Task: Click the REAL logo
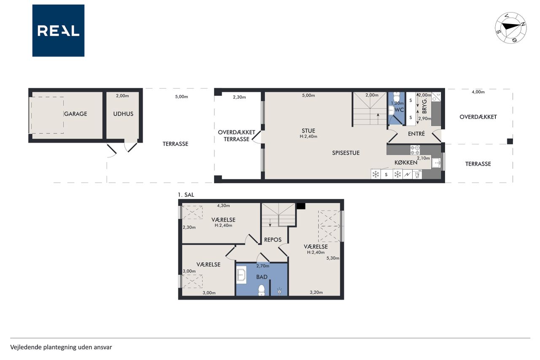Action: [x=58, y=31]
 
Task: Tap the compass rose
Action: [x=510, y=28]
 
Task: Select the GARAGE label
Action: [x=76, y=114]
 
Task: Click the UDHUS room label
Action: [x=123, y=114]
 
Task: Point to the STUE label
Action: [x=308, y=131]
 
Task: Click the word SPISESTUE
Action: [x=346, y=153]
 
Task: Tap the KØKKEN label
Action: [x=406, y=162]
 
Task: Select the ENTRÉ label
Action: [x=416, y=134]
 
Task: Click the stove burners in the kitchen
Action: [x=415, y=150]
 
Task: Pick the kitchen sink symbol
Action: [x=436, y=163]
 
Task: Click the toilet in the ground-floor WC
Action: [x=396, y=97]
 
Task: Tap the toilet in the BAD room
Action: [x=262, y=290]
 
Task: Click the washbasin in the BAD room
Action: [x=241, y=275]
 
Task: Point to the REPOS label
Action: [x=273, y=240]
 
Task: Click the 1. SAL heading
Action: [x=186, y=195]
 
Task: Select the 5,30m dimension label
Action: [x=333, y=258]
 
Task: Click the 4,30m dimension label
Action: [x=223, y=206]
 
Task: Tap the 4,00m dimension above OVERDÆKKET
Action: [x=478, y=92]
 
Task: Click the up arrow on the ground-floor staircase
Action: [x=378, y=119]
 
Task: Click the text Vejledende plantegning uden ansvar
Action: [x=61, y=347]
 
